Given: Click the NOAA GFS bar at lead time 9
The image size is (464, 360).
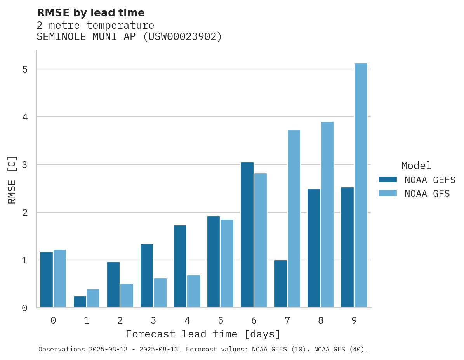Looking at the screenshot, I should click(x=360, y=185).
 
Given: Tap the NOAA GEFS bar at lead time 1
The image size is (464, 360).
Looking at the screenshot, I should click(x=80, y=302).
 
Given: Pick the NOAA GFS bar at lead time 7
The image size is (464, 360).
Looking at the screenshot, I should click(x=294, y=219).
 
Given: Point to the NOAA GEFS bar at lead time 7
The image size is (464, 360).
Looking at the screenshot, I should click(x=280, y=284).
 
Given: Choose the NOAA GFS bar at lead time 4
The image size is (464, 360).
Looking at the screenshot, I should click(x=193, y=291).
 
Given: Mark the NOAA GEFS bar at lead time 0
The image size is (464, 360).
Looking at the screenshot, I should click(x=47, y=279).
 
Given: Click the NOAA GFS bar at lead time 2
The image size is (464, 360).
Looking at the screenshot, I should click(x=127, y=296).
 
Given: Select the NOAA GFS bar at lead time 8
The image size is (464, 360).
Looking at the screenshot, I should click(x=327, y=215).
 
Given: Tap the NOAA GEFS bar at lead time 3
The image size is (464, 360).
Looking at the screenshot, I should click(x=147, y=275).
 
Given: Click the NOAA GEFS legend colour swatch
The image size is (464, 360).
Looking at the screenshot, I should click(x=388, y=180).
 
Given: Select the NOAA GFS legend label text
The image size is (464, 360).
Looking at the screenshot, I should click(x=427, y=194).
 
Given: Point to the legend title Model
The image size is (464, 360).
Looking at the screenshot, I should click(x=417, y=166).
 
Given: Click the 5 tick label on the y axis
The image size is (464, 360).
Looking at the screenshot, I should click(x=24, y=69).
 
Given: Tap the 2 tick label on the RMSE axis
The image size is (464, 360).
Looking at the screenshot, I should click(x=24, y=213).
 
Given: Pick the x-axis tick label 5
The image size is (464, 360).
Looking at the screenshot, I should click(x=221, y=321).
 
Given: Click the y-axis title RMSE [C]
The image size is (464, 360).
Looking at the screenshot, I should click(x=12, y=180).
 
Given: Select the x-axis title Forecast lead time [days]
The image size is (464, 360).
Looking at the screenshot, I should click(x=203, y=334).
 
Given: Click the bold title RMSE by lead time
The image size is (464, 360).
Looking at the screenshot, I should click(x=91, y=13).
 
